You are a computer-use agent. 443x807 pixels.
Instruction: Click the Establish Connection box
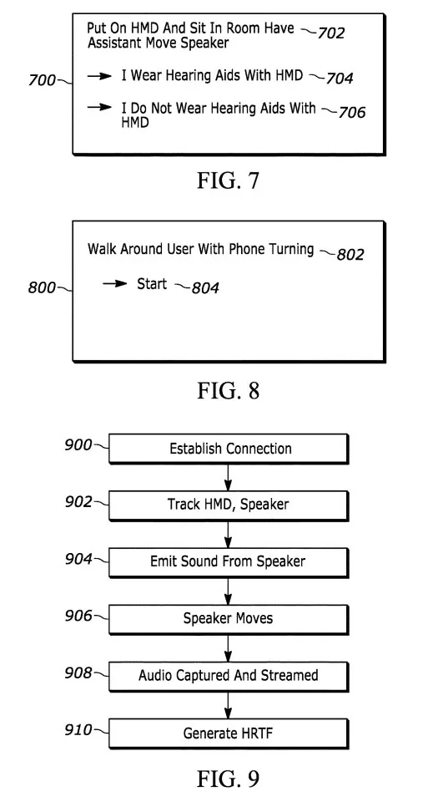(229, 449)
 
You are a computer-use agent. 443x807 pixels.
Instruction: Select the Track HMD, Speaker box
(229, 505)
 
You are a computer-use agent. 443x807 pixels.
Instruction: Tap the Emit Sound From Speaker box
(229, 562)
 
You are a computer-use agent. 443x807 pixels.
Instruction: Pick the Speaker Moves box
(229, 620)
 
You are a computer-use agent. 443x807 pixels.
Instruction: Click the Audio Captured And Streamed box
(229, 677)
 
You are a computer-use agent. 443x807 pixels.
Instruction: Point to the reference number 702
(331, 33)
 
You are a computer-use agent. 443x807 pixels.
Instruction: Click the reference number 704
(340, 78)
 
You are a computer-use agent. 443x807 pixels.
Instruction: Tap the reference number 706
(352, 112)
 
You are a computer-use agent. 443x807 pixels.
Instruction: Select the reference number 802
(350, 254)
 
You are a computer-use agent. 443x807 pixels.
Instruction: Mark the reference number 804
(205, 287)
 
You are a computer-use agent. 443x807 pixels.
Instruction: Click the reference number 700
(42, 80)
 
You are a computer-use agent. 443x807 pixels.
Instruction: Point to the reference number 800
(42, 287)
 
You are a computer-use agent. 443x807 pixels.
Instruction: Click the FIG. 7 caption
(229, 180)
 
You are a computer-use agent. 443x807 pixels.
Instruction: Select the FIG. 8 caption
(229, 390)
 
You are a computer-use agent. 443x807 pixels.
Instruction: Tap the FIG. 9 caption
(229, 779)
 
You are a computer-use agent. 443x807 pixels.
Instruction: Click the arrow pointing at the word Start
(114, 283)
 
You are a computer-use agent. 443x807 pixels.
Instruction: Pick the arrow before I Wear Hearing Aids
(99, 76)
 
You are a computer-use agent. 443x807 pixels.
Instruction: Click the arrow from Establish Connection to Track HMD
(229, 477)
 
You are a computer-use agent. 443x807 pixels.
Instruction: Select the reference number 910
(78, 729)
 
